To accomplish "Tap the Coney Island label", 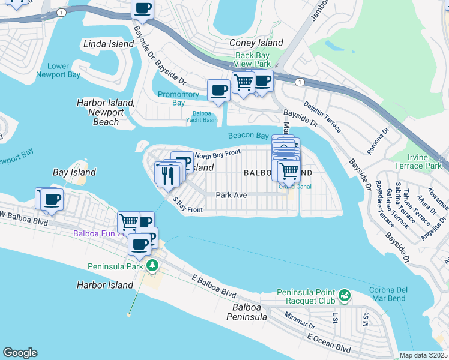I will [x=256, y=43].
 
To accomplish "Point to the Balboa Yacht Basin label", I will [x=205, y=116].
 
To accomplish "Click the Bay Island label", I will [x=74, y=172].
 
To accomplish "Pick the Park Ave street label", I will [x=231, y=195].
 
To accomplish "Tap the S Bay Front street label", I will [x=187, y=205].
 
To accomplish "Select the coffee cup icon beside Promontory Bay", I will [x=218, y=91].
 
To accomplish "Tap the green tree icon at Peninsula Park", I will [x=153, y=265].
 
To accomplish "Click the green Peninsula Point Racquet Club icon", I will [x=344, y=295].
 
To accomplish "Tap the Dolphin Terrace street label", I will [x=322, y=118].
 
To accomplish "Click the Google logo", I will [x=20, y=353].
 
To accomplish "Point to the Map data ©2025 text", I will [x=423, y=355].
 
